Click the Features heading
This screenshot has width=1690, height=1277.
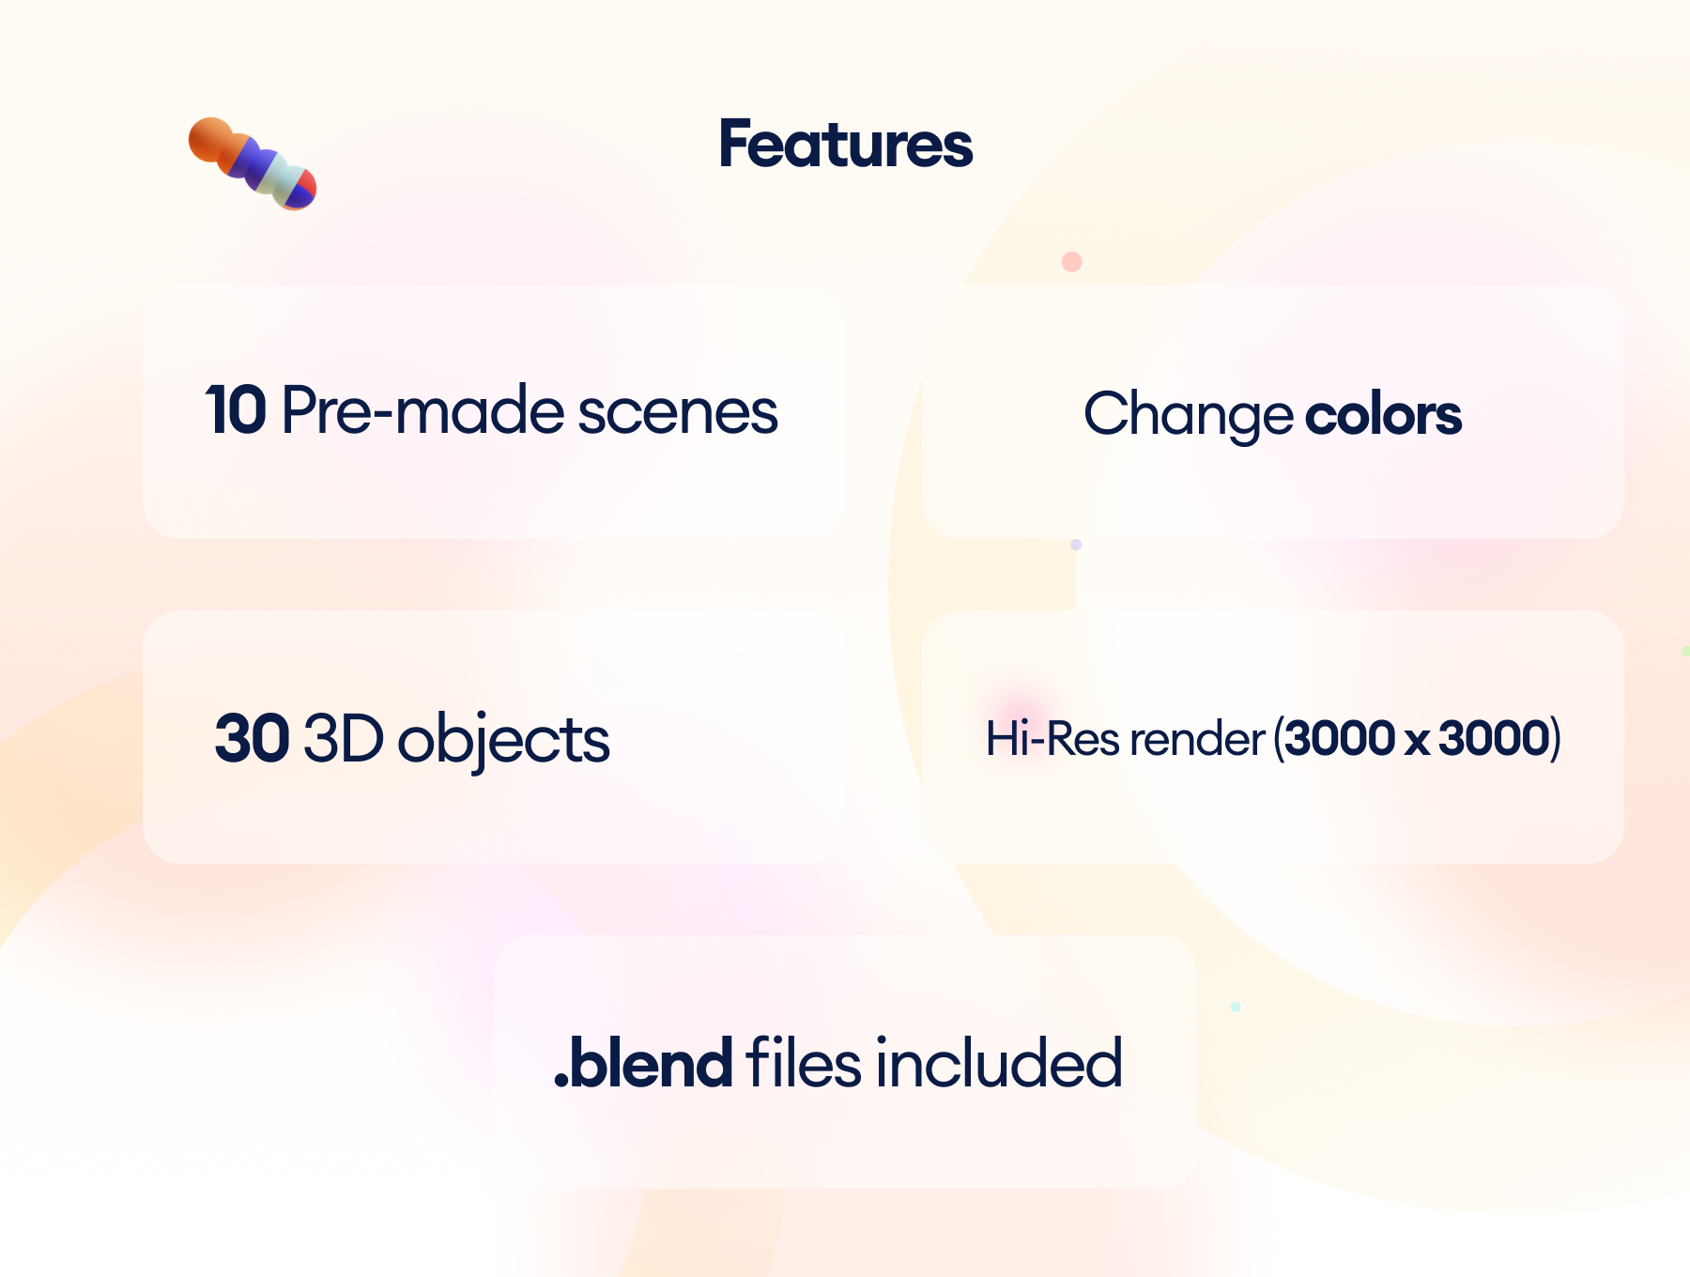(845, 145)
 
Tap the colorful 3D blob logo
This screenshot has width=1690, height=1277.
(252, 163)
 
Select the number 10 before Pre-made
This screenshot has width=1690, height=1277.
(236, 410)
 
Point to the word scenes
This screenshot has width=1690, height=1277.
(677, 412)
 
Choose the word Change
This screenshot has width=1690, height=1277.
(1188, 414)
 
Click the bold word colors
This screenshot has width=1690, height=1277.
(1383, 414)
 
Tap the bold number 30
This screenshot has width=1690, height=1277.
(252, 738)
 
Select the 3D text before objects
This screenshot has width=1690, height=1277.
(344, 738)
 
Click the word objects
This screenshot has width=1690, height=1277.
(504, 740)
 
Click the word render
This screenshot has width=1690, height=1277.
(1197, 739)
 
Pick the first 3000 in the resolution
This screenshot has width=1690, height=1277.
(1339, 738)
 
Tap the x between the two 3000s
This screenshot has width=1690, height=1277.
(1418, 740)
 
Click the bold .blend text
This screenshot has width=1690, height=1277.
(644, 1063)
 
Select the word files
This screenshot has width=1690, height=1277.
(803, 1063)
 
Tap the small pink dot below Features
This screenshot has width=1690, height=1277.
(1071, 262)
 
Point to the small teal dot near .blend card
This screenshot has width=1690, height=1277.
(1236, 1007)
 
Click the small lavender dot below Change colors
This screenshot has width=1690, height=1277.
(1076, 545)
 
